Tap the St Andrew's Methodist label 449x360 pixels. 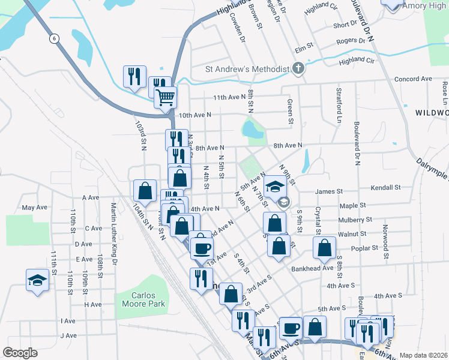coord(247,69)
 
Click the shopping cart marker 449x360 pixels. coord(165,96)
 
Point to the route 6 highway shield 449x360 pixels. coord(55,38)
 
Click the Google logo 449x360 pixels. coord(20,353)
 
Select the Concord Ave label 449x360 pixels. coord(413,79)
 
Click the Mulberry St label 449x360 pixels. coord(355,220)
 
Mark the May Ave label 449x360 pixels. coord(34,207)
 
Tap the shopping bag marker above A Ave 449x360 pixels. coord(145,191)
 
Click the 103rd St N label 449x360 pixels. coord(141,136)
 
